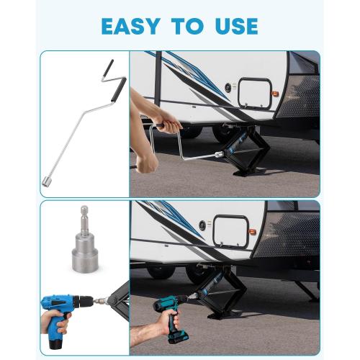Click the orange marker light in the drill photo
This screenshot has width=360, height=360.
tap(252, 233)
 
